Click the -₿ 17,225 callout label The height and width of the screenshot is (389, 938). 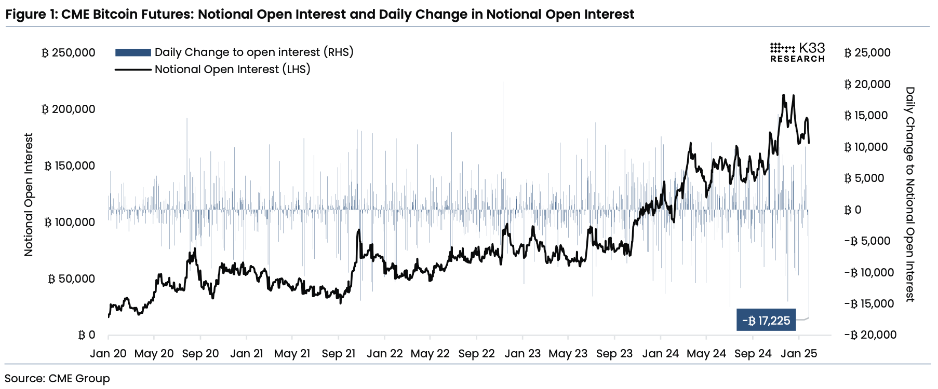766,321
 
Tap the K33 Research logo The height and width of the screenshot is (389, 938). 797,52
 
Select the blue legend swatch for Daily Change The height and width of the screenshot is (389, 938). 133,52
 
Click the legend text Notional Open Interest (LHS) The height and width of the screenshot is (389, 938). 232,70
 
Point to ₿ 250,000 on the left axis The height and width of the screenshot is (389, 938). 69,53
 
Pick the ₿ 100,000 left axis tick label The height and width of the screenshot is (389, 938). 70,223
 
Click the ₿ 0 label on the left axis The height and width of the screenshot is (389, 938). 87,335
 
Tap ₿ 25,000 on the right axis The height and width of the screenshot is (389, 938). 867,53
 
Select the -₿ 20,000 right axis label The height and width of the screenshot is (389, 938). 870,335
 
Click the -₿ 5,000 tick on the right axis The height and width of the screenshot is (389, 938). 867,241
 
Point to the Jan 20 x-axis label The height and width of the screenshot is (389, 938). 108,354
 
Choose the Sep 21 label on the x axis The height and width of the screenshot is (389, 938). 339,354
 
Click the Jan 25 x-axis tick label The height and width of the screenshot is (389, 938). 799,354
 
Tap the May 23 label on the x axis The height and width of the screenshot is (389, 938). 568,354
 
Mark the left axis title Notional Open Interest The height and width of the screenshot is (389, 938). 29,195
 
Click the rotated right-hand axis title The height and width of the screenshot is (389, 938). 910,195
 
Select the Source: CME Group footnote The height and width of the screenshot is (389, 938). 58,379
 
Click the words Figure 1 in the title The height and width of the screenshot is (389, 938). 31,14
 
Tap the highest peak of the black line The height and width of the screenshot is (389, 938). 783,95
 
